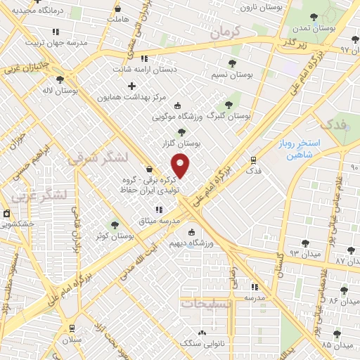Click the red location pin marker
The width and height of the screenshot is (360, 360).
click(181, 165)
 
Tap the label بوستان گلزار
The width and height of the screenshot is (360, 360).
click(182, 143)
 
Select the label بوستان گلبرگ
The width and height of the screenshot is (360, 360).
click(231, 115)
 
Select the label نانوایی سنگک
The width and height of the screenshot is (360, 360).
click(202, 344)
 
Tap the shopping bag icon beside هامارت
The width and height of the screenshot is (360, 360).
click(117, 9)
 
